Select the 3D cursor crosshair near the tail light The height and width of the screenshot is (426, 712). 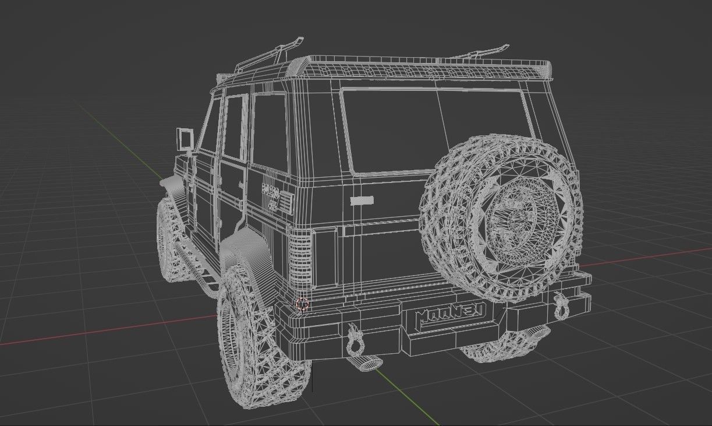tap(302, 304)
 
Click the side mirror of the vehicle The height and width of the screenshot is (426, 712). tap(185, 140)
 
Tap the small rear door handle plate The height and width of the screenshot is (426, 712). tap(362, 200)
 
